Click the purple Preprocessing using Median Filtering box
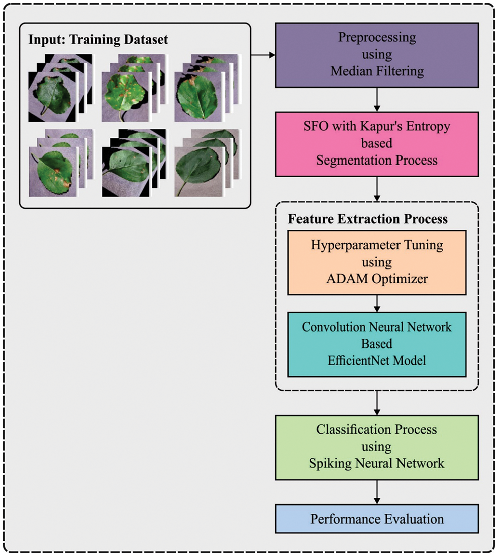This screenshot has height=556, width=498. [377, 55]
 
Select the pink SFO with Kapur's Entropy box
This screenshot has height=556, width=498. [377, 144]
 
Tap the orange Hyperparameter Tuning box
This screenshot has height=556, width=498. [377, 263]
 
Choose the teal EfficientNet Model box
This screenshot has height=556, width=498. [377, 345]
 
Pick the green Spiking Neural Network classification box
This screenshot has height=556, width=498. [377, 447]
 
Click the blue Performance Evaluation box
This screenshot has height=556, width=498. [377, 519]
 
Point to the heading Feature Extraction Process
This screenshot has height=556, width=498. [368, 219]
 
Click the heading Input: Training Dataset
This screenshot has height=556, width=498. [98, 39]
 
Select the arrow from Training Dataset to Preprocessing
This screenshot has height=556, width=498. [263, 55]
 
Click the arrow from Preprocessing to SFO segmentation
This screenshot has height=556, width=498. [377, 100]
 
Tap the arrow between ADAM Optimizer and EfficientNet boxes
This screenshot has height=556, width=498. [377, 303]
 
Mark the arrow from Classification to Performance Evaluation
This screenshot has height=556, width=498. [377, 492]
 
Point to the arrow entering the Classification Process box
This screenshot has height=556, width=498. [377, 403]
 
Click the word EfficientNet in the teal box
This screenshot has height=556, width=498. [358, 361]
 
